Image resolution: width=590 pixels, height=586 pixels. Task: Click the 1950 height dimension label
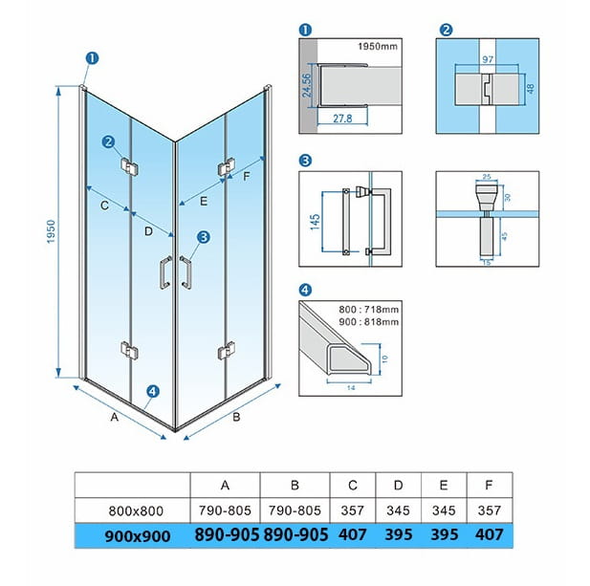pyautogui.click(x=52, y=231)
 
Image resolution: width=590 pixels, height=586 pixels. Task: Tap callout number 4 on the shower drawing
pyautogui.click(x=152, y=391)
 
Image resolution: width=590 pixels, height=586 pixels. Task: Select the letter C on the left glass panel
pyautogui.click(x=104, y=206)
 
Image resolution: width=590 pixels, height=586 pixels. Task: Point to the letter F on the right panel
pyautogui.click(x=247, y=176)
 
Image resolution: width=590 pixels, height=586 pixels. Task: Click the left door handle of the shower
pyautogui.click(x=165, y=272)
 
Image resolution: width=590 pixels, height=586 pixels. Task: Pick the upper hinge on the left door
pyautogui.click(x=129, y=167)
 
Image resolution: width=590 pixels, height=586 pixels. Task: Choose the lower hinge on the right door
pyautogui.click(x=227, y=351)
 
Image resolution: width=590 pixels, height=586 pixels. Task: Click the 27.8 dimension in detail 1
pyautogui.click(x=342, y=119)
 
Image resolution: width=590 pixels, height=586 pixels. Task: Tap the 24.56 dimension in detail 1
pyautogui.click(x=307, y=85)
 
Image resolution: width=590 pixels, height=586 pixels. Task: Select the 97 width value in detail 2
pyautogui.click(x=488, y=59)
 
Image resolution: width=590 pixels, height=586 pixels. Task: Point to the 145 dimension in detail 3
pyautogui.click(x=316, y=222)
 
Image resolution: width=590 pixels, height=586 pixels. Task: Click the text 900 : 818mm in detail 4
pyautogui.click(x=368, y=322)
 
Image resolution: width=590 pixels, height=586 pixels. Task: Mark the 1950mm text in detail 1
pyautogui.click(x=378, y=46)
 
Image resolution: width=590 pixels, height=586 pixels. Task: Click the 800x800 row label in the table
pyautogui.click(x=136, y=510)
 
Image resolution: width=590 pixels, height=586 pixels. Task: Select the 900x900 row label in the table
pyautogui.click(x=138, y=536)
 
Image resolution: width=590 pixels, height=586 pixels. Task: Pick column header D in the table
pyautogui.click(x=398, y=486)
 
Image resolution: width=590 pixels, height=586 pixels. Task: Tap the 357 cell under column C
pyautogui.click(x=352, y=510)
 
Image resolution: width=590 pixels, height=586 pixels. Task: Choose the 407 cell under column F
pyautogui.click(x=489, y=534)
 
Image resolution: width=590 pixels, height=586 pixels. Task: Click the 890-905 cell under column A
pyautogui.click(x=227, y=534)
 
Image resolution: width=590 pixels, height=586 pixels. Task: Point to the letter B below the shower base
pyautogui.click(x=236, y=417)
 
